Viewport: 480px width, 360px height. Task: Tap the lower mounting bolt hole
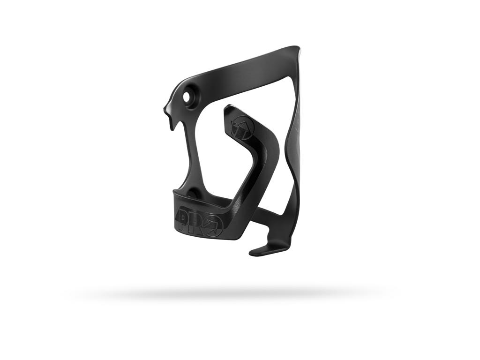(x=192, y=193)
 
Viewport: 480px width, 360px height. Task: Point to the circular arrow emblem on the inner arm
(x=242, y=126)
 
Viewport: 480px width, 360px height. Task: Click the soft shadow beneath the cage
(x=230, y=294)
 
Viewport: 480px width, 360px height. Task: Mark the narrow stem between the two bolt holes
(x=192, y=145)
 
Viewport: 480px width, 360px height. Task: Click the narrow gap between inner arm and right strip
(x=284, y=169)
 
